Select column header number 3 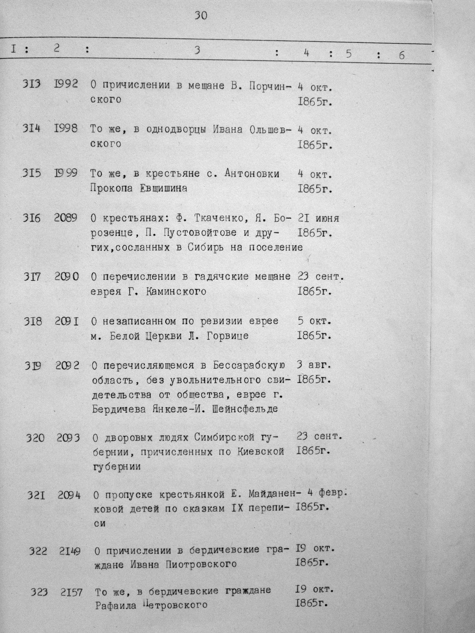[197, 50]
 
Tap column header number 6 [401, 55]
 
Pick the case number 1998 [66, 128]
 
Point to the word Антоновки [252, 173]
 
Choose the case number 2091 [67, 322]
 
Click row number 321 [36, 495]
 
